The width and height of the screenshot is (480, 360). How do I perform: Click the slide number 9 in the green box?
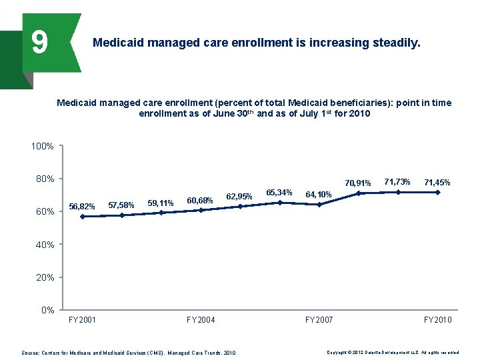39,43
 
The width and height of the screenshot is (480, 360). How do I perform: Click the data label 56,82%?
82,206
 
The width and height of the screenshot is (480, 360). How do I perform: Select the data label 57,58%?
121,205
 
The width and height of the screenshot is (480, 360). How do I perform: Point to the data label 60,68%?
200,200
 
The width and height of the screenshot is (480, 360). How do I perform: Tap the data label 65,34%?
279,193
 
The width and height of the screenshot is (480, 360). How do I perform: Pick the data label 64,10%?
319,194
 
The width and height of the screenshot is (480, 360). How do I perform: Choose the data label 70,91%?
358,183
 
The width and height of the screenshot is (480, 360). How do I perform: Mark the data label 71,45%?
437,182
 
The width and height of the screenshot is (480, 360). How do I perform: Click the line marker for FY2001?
82,217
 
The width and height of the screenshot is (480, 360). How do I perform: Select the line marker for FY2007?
319,205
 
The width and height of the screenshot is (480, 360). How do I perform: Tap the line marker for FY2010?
438,192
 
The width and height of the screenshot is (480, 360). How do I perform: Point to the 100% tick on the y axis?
43,146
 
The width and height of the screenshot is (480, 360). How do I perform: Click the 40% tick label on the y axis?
45,245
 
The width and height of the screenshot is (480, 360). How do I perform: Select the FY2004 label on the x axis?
201,320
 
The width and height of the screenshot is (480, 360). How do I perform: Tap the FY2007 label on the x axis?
319,320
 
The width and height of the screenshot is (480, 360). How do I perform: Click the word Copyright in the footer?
338,352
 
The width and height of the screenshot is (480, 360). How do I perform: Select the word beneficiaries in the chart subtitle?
355,103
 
